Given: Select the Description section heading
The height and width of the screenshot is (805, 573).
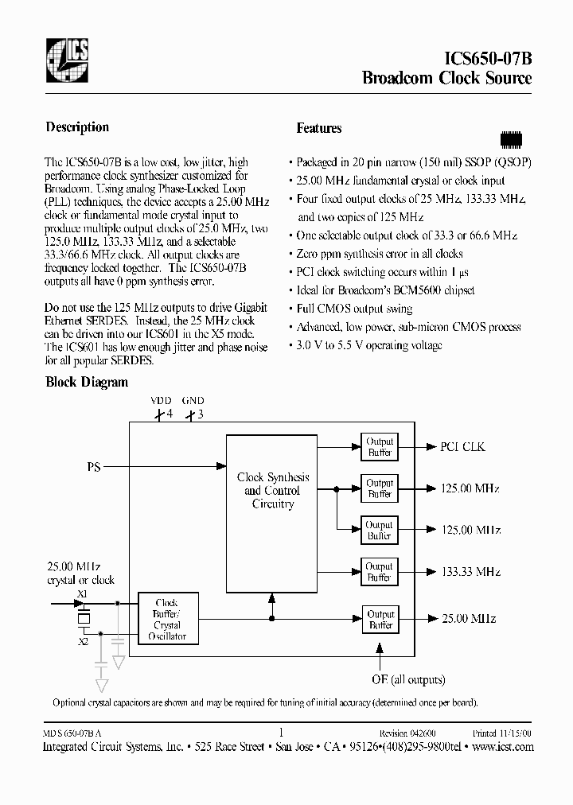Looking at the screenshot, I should point(77,127).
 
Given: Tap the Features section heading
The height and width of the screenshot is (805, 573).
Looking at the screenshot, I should point(318,128).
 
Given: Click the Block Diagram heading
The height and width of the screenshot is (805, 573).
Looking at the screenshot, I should point(87,382).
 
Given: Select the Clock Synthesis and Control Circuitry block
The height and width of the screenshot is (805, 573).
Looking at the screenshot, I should point(273,490).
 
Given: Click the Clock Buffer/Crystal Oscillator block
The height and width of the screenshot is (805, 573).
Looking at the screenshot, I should point(167,620).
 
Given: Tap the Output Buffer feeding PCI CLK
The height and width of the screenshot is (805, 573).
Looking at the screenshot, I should point(380,447).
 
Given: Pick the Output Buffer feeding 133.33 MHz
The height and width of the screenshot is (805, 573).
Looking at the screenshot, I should point(380,572).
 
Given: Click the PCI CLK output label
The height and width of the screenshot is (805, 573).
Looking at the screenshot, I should point(462,447).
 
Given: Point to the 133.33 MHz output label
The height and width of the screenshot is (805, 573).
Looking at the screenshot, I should point(470,572).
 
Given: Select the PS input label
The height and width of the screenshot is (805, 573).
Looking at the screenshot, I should point(94,468).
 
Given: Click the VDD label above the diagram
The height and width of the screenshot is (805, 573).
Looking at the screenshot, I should point(161,402).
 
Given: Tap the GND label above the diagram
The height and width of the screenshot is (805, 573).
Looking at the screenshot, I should point(193,402).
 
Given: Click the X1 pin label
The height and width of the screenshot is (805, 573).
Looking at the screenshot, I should point(82,594).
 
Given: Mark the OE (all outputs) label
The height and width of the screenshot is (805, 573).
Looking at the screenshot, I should point(408,679).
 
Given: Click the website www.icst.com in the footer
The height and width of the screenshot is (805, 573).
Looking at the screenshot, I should point(503,747).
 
